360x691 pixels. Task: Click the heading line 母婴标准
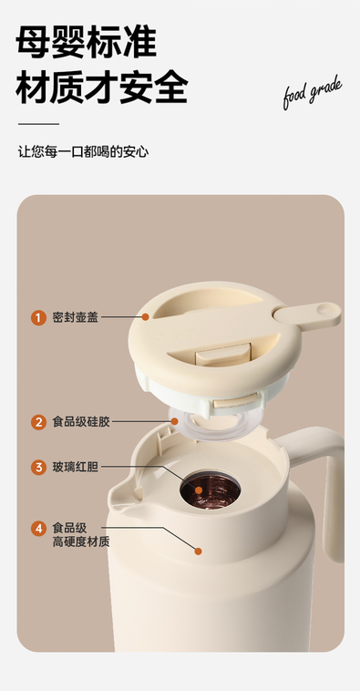87,42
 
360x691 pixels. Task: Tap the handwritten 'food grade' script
312,92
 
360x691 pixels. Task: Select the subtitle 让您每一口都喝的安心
83,152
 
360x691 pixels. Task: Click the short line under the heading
38,124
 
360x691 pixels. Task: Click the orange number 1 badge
38,317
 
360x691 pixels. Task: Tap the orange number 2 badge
38,422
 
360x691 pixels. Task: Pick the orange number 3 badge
38,467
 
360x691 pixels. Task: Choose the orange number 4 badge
38,529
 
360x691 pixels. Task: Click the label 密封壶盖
76,317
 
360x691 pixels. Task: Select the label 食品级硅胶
81,422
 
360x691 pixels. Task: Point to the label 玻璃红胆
76,467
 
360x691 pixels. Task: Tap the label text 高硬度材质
81,541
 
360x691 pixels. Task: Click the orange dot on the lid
146,317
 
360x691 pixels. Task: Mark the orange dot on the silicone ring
174,421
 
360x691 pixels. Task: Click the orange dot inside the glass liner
199,490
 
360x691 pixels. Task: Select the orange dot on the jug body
199,551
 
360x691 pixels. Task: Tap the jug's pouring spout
121,496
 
